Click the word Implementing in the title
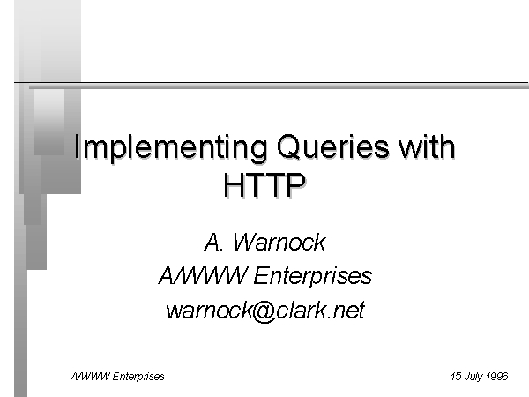170,147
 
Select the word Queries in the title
332,146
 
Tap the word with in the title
427,146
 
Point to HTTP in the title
264,184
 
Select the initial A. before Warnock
213,242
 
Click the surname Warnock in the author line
279,242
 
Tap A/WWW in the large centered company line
203,275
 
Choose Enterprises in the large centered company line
313,277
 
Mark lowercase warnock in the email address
209,310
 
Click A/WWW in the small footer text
90,376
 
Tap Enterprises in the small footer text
138,377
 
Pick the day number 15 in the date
456,376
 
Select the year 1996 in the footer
497,376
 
